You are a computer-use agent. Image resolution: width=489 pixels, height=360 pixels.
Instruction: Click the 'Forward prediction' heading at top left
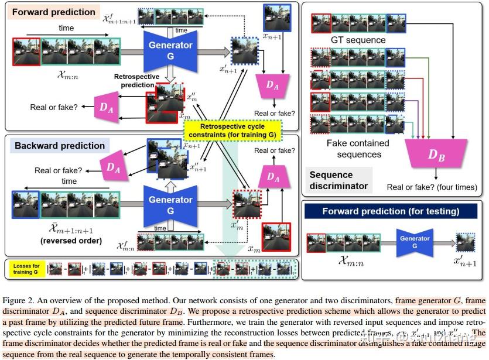coord(53,12)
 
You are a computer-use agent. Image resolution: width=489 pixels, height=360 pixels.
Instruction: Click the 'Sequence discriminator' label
coord(339,180)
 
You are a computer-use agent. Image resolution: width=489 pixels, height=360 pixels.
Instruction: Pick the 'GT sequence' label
coord(358,40)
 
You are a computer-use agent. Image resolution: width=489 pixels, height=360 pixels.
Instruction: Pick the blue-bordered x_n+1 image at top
coord(276,18)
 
